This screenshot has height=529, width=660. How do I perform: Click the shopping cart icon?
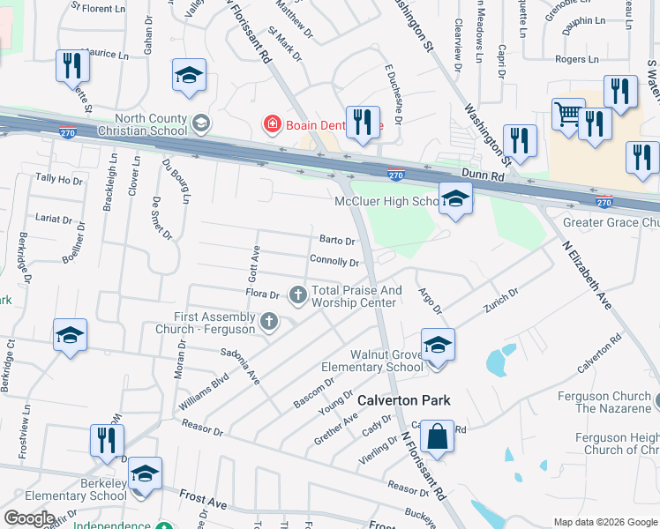[568, 115]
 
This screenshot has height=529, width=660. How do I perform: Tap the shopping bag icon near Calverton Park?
[438, 436]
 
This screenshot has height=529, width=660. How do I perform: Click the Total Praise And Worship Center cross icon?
[298, 294]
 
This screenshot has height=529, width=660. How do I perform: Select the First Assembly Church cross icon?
[269, 323]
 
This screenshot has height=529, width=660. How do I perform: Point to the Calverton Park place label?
[403, 400]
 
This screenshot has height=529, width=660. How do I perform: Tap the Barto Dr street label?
[337, 241]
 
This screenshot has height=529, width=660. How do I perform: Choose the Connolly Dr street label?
[334, 262]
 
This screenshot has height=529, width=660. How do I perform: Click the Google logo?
[29, 518]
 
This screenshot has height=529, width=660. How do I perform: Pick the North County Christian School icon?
[202, 122]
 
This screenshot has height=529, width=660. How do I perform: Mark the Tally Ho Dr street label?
[58, 179]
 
